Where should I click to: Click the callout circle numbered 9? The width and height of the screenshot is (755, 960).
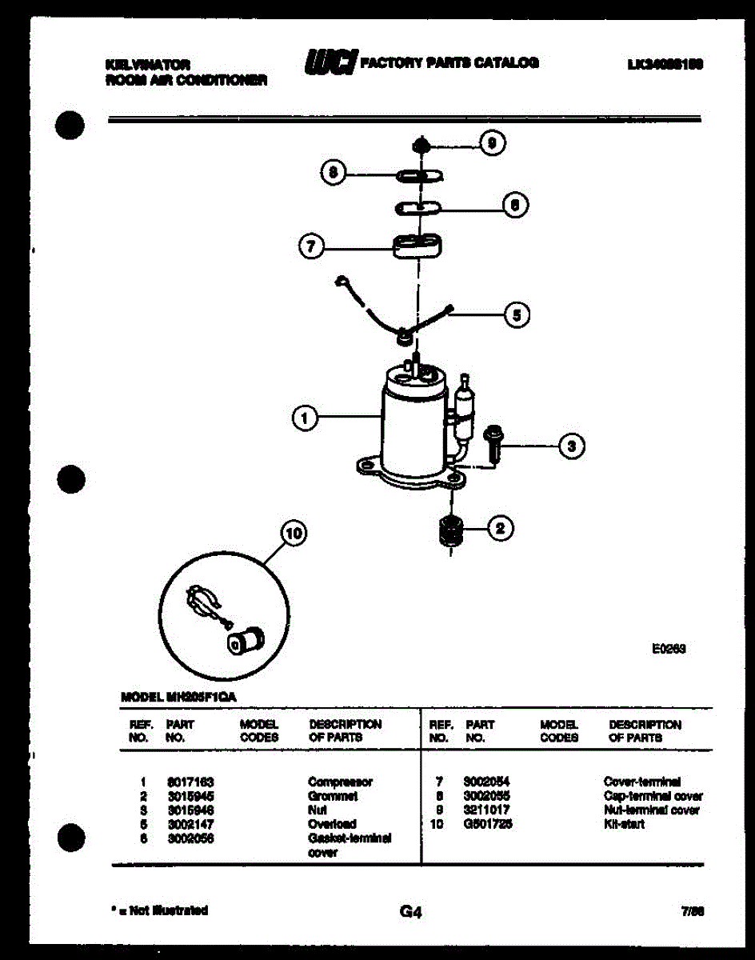(x=493, y=143)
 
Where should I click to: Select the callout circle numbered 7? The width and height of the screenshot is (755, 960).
(x=310, y=247)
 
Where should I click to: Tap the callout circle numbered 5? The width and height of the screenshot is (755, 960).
(x=517, y=315)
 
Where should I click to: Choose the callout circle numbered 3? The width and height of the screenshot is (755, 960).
(x=570, y=446)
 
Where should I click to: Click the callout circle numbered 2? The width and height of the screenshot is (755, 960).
(x=501, y=527)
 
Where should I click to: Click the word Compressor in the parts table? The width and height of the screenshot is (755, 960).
(x=340, y=782)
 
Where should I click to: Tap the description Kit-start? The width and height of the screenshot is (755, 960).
(x=625, y=824)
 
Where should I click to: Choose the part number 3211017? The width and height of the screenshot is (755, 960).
(x=486, y=810)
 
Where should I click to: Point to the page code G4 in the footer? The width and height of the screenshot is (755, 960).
(x=410, y=911)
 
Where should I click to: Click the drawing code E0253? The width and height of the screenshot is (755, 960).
(x=669, y=650)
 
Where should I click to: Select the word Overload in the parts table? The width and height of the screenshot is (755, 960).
(x=332, y=824)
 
